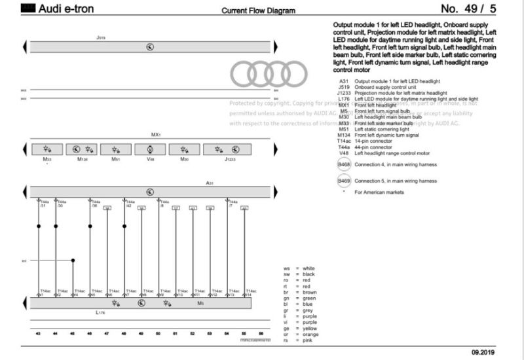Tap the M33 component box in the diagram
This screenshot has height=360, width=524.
pos(48,149)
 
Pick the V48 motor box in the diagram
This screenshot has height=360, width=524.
pos(150,149)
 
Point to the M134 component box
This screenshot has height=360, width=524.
pos(83,149)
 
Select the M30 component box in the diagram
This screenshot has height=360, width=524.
pos(184,149)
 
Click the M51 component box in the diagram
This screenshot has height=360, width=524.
pos(116,149)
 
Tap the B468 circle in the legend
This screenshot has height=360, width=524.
pos(344,165)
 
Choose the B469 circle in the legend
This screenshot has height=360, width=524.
pos(344,181)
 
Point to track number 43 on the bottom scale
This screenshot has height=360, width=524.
pos(38,334)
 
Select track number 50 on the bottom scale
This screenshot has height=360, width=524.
pos(159,334)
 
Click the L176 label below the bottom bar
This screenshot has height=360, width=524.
pos(100,314)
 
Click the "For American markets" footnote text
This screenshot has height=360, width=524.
pos(379,192)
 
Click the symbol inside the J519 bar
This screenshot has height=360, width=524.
pos(150,48)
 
